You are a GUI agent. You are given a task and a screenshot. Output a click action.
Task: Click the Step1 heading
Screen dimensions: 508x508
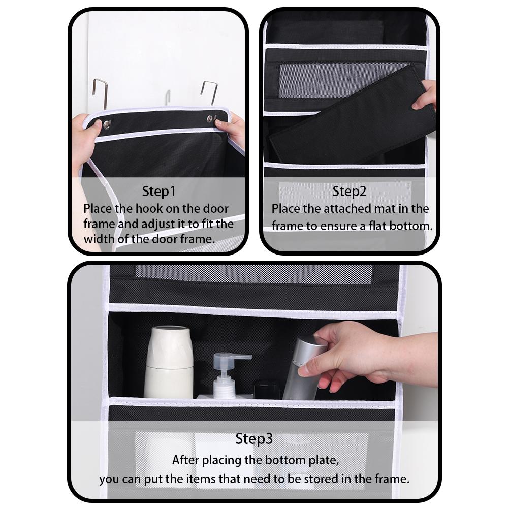[x=158, y=192]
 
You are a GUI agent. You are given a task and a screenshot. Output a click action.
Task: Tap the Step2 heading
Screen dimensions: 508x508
[x=350, y=192]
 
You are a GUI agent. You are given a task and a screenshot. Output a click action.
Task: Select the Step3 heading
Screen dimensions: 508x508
[x=255, y=439]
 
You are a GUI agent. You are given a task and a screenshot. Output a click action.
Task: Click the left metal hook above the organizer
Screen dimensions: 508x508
[x=100, y=91]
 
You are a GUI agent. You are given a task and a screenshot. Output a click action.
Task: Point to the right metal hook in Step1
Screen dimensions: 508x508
[x=210, y=91]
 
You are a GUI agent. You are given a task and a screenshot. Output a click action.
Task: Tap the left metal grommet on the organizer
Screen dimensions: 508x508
[x=107, y=123]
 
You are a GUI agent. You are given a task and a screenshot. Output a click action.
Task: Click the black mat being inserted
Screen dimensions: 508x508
[x=351, y=122]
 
